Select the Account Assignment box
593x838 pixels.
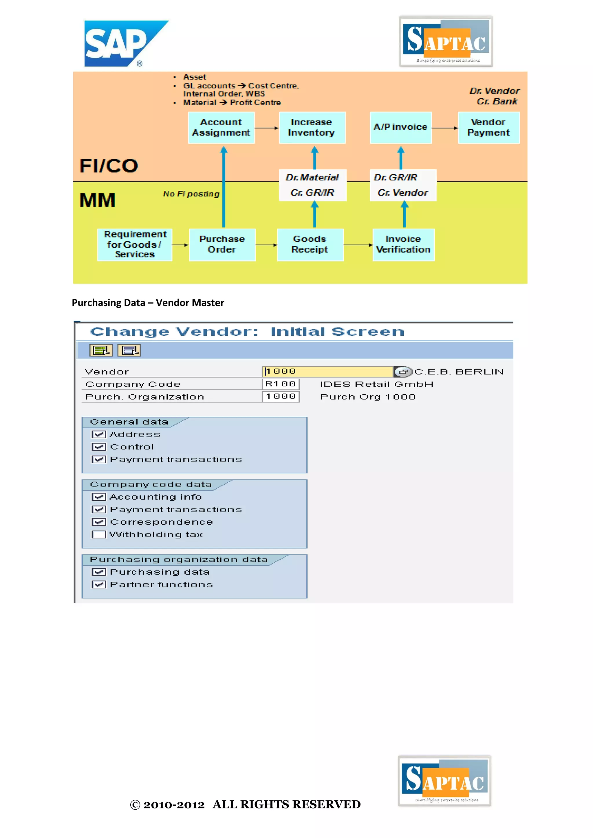pos(221,127)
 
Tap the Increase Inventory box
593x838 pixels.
pos(312,127)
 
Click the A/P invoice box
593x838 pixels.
pos(400,127)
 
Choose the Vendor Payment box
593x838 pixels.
pos(488,127)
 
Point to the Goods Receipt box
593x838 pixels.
pos(310,245)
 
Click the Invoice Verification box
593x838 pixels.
pos(403,245)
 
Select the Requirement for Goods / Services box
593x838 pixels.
pos(135,245)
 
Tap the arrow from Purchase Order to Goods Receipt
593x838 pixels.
pos(266,245)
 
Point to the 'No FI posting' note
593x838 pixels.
pos(191,194)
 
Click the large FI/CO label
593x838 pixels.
pos(109,166)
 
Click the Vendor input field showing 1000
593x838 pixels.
pos(327,372)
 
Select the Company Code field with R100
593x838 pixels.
pos(281,384)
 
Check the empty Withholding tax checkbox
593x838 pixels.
pos(98,534)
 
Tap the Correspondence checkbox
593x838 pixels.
pos(98,522)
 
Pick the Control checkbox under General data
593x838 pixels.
pos(98,447)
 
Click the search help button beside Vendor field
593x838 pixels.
pos(403,372)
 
